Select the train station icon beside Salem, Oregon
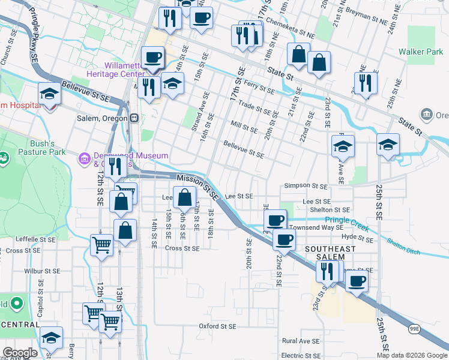[135, 118]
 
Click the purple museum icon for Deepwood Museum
[85, 158]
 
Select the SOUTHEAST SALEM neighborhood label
[324, 253]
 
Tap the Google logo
[20, 353]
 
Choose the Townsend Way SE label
[316, 228]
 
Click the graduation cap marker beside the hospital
[49, 94]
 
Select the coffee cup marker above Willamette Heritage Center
[152, 58]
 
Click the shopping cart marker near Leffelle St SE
[101, 244]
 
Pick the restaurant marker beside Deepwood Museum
[115, 166]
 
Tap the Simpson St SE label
[306, 186]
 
